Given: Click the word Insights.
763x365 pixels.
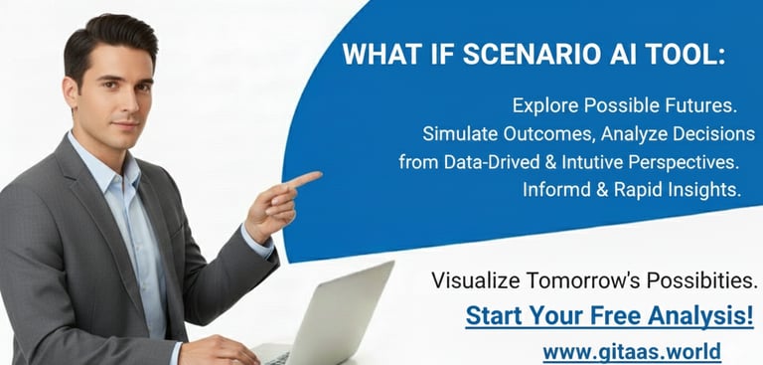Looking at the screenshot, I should (x=707, y=190).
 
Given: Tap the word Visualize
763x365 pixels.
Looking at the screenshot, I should (x=473, y=280).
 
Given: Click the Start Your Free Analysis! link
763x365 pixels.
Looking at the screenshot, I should (x=609, y=316).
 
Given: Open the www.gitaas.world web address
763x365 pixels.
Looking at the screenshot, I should (x=631, y=351).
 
